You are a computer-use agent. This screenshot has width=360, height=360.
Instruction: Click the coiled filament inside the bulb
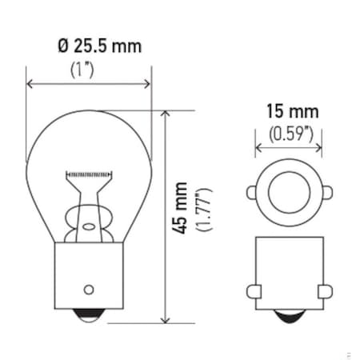point(89,174)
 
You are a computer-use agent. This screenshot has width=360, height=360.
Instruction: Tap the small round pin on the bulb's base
point(89,289)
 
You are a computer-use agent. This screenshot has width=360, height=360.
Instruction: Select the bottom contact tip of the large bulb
point(89,318)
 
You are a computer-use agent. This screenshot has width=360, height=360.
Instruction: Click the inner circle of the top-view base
point(288,193)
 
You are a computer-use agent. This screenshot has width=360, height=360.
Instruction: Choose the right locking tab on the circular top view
point(327,193)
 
